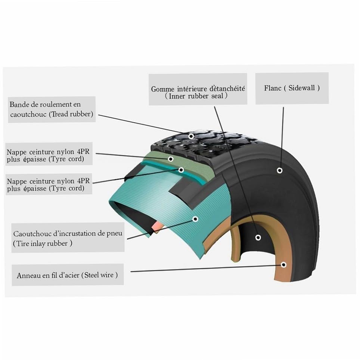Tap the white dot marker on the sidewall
(279, 171)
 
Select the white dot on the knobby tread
(191, 136)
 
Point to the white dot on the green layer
(171, 159)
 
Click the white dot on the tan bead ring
(283, 264)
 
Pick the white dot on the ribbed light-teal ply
(195, 219)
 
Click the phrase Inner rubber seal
(196, 96)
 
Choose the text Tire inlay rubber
(43, 243)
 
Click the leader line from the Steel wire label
(205, 268)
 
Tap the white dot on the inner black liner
(258, 237)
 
